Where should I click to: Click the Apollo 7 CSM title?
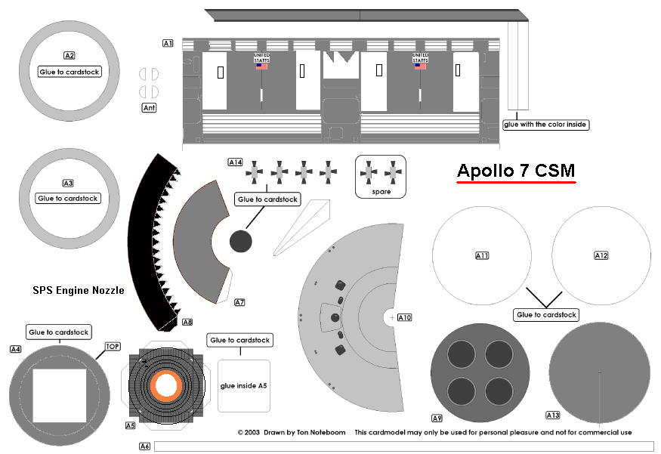pos(516,171)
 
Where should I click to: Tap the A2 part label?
pos(69,56)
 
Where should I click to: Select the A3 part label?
pos(68,183)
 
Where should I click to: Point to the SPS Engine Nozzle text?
pos(78,289)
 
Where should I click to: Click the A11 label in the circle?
pos(482,256)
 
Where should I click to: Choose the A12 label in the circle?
pos(601,256)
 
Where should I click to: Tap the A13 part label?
pos(553,415)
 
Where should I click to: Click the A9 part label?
pos(437,418)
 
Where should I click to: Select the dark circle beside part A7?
pos(240,242)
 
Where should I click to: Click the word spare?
pos(381,192)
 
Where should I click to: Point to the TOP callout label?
pos(113,346)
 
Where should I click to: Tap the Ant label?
pos(150,108)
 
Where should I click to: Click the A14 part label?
pos(235,162)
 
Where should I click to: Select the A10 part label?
pos(404,318)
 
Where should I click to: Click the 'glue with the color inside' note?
pos(545,124)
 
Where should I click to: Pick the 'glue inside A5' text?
pos(243,386)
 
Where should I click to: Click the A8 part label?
pos(187,322)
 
